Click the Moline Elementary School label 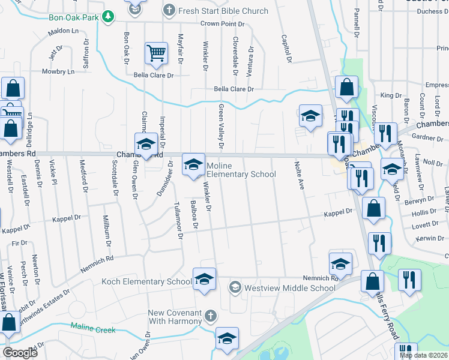click(x=241, y=170)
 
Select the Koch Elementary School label click(x=146, y=281)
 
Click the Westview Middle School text click(x=289, y=288)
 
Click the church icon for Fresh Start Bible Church click(x=170, y=11)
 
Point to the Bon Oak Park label click(x=73, y=17)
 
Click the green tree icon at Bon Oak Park click(x=107, y=17)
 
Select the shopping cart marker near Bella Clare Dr click(x=156, y=53)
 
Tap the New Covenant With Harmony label click(x=176, y=317)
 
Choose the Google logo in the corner click(x=19, y=352)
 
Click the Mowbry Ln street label click(x=58, y=71)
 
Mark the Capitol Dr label click(x=286, y=49)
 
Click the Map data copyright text click(x=424, y=355)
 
